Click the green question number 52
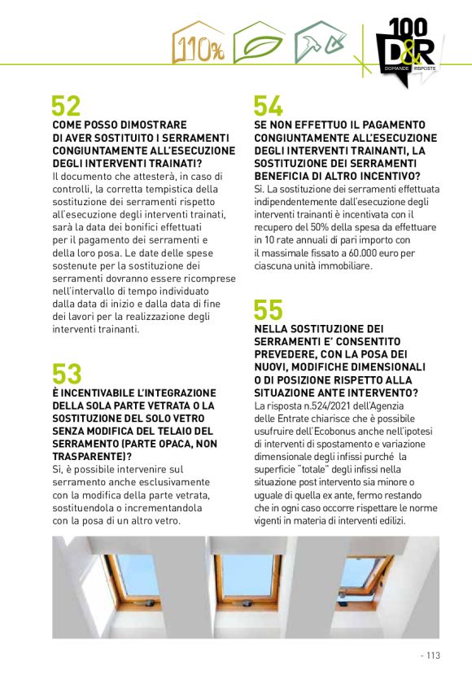pos(66,106)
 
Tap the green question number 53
pos(67,374)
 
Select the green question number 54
pos(268,106)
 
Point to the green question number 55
pos(268,310)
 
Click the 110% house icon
pos(199,44)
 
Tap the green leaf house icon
pos(260,44)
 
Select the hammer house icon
pos(321,44)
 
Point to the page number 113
pos(432,654)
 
